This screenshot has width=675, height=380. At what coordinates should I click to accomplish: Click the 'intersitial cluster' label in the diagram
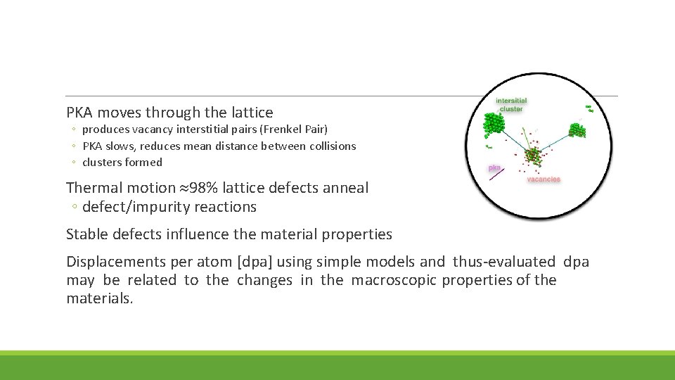point(511,105)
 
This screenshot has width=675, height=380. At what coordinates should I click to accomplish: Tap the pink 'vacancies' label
point(544,179)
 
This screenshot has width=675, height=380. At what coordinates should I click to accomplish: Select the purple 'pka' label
point(494,168)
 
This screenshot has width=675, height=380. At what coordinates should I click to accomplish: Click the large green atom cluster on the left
point(494,125)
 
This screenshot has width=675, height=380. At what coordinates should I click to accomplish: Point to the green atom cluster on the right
point(577,131)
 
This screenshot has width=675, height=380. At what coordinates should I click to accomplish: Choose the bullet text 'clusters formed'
point(122,163)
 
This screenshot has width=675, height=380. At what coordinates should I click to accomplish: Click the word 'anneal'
point(344,188)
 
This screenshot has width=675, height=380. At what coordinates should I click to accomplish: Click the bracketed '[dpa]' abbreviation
point(258,262)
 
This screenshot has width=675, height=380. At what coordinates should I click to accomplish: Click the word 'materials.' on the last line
point(99,299)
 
